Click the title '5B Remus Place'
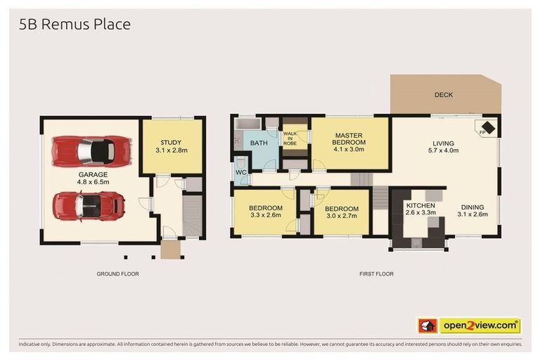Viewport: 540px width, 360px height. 75,24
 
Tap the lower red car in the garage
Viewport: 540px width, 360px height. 89,205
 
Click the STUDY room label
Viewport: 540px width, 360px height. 170,146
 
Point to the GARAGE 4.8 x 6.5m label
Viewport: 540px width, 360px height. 93,178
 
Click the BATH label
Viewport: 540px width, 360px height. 259,143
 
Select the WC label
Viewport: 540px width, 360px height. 240,172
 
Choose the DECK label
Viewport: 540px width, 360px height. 443,95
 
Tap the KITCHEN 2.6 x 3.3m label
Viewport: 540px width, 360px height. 420,210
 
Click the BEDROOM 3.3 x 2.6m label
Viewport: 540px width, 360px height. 265,212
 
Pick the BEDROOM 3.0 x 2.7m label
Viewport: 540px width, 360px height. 341,212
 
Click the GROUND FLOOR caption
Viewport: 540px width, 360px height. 117,274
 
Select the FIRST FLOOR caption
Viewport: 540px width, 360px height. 376,274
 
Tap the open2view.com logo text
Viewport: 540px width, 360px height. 480,326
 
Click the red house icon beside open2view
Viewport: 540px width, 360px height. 427,326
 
